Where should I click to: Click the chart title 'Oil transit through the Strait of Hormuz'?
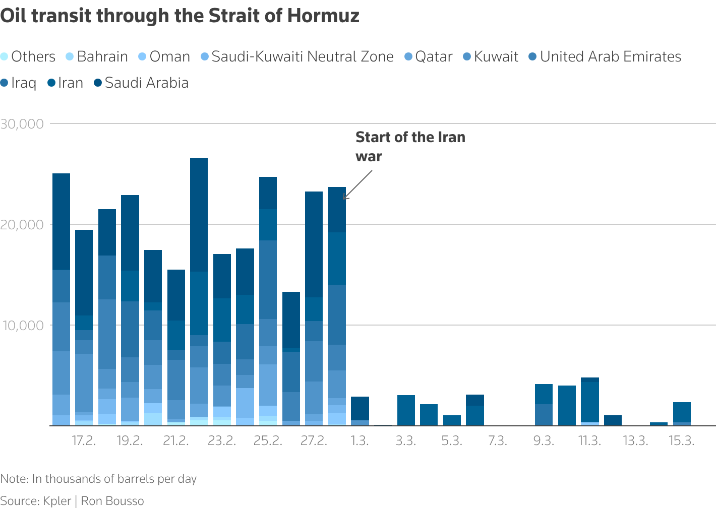[x=180, y=16]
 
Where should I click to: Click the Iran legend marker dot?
[x=51, y=83]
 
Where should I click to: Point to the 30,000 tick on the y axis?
[x=22, y=124]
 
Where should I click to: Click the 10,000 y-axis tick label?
[x=22, y=326]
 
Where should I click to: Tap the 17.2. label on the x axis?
[x=84, y=441]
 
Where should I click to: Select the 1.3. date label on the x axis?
[x=360, y=441]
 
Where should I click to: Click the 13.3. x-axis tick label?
[x=635, y=441]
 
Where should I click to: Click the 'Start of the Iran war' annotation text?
[x=410, y=147]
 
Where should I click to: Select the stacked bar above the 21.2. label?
[x=176, y=348]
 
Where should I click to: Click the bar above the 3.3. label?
[x=406, y=410]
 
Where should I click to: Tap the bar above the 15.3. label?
[x=682, y=414]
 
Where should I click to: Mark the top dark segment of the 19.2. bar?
[x=130, y=232]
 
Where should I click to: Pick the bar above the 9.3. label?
[x=544, y=405]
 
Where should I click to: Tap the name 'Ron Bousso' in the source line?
[x=112, y=501]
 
